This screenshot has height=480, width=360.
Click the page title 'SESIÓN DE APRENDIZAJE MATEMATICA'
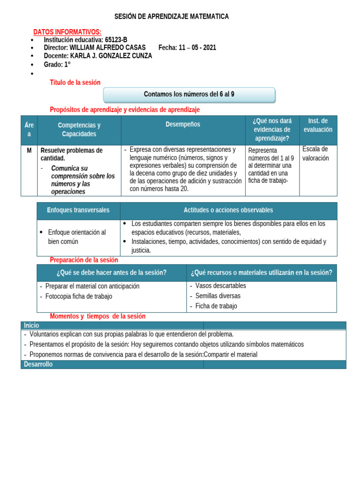click(172, 16)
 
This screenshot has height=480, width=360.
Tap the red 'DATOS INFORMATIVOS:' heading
click(67, 32)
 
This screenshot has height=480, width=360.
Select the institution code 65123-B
click(116, 40)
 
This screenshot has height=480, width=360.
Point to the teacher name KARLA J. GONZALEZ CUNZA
click(111, 56)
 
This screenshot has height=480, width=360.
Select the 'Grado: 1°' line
click(57, 64)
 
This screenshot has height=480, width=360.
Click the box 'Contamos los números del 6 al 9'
click(189, 94)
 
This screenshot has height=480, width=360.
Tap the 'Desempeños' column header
click(183, 125)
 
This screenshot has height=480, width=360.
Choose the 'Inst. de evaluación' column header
click(318, 125)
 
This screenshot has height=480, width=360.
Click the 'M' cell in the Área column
click(29, 150)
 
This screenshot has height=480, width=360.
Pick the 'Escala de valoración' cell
click(315, 154)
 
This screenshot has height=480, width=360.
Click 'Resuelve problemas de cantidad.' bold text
click(72, 154)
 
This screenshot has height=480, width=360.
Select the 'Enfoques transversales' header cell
click(78, 210)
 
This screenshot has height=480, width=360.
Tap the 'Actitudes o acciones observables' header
click(228, 210)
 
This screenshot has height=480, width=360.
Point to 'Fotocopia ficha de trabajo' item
click(79, 296)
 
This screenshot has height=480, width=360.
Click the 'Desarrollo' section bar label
click(38, 364)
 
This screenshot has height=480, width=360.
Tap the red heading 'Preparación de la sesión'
click(84, 260)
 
